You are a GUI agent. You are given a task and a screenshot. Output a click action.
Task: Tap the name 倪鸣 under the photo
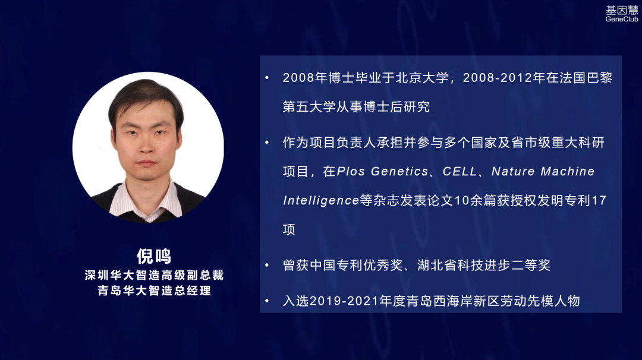[x=154, y=256]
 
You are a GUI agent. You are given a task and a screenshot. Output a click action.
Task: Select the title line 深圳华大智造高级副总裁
[x=155, y=275]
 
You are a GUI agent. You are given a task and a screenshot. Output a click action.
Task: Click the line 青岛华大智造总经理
[x=155, y=290]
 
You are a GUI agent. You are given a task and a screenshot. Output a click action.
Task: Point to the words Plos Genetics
[x=382, y=172]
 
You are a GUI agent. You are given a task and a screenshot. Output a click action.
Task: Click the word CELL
[x=460, y=172]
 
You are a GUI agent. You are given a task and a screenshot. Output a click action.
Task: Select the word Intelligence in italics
[x=321, y=200]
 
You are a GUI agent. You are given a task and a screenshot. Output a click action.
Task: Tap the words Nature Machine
[x=543, y=172]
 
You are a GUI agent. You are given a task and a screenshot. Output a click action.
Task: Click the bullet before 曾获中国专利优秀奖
[x=267, y=265]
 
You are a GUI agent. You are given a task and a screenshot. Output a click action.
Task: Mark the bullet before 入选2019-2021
[x=267, y=301]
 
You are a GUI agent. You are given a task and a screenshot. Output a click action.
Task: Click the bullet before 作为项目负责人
[x=267, y=143]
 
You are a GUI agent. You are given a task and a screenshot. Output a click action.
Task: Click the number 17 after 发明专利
[x=599, y=200]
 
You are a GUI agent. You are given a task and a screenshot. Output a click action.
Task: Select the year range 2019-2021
[x=344, y=301]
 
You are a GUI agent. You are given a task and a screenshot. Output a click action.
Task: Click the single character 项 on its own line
[x=289, y=229]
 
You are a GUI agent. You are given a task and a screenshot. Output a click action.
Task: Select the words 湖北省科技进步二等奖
[x=484, y=266]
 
